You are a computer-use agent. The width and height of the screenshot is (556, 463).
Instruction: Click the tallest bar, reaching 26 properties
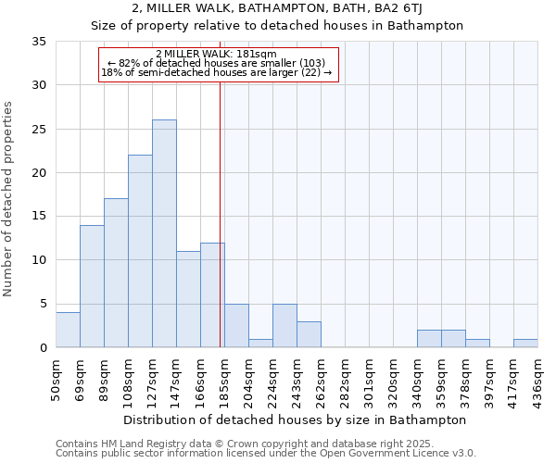click(x=164, y=233)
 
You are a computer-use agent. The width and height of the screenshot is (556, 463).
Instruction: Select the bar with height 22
click(x=140, y=251)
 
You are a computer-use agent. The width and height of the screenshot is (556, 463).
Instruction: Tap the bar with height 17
click(x=116, y=273)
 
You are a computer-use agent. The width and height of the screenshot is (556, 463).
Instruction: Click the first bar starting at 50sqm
click(x=68, y=330)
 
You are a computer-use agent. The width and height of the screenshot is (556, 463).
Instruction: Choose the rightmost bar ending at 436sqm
click(x=525, y=343)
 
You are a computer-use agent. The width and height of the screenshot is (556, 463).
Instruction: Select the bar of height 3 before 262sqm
click(x=309, y=334)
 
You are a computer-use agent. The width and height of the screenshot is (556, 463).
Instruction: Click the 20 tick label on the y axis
click(x=38, y=173)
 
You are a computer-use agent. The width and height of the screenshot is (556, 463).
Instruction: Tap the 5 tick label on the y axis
click(x=42, y=304)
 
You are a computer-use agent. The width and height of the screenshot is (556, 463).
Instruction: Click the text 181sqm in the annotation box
click(x=254, y=54)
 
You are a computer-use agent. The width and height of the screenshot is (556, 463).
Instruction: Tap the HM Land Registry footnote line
click(x=245, y=444)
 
